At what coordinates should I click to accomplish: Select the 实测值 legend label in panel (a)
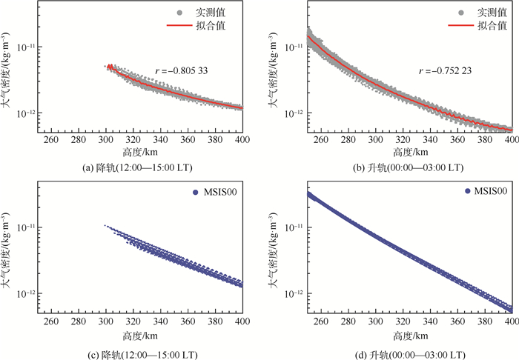point(228,11)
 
